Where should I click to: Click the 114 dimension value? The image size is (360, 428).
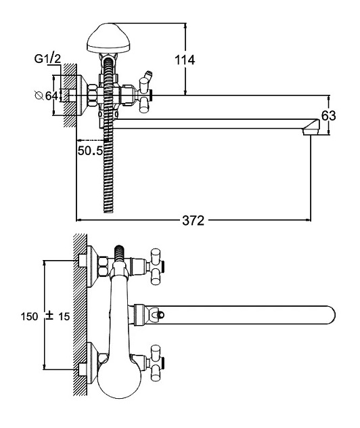pos(185,60)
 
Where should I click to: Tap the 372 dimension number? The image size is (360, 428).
pos(193,221)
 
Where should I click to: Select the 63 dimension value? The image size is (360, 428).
pos(329,115)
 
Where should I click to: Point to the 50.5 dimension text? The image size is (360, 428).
pos(90,150)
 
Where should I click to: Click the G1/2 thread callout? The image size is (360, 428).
pos(47,59)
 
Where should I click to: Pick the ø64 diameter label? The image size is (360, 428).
pos(47,95)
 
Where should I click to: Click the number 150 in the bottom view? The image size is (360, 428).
pos(30,317)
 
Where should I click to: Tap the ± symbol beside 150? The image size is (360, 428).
pos(49,316)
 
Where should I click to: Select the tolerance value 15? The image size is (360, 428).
pos(64,317)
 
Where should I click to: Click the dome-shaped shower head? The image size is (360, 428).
pos(108,38)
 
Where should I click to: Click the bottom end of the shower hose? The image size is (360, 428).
pos(108,211)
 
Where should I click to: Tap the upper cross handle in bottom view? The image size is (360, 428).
pos(155,267)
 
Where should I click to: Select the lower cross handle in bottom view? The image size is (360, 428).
pos(155,363)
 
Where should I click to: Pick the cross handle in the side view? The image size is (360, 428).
pos(144,95)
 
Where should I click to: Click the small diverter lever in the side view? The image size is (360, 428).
pos(148,74)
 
